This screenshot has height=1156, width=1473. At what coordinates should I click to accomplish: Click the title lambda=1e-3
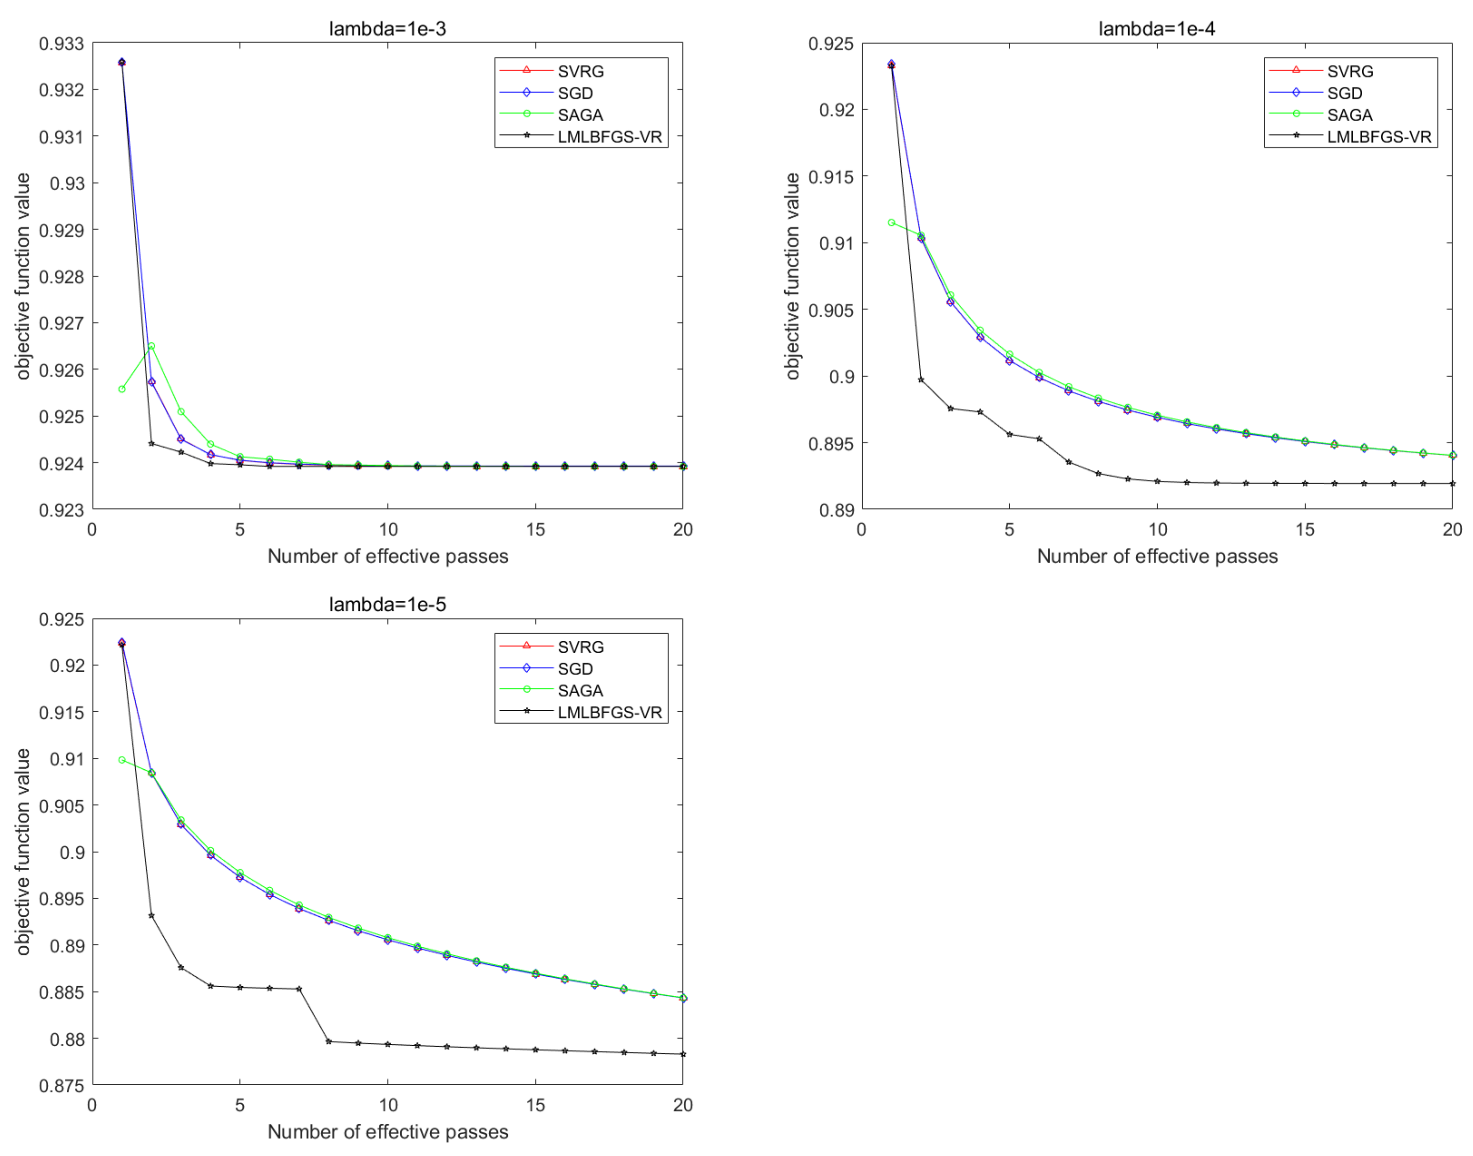pos(387,29)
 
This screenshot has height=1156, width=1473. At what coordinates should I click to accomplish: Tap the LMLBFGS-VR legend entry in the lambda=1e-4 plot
pos(1378,137)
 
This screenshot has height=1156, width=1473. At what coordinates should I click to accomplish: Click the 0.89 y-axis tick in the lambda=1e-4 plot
pos(836,510)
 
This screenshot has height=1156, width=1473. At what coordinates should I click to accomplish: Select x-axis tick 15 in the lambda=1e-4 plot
pos(1305,529)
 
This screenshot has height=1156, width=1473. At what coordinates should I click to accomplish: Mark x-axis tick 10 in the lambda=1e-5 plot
pos(387,1105)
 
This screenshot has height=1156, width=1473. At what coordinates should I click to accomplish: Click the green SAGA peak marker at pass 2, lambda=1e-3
pos(152,346)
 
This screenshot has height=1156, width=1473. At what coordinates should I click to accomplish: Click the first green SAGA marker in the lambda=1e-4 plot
pos(891,223)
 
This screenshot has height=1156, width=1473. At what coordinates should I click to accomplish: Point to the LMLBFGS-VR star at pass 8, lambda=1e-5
pos(329,1041)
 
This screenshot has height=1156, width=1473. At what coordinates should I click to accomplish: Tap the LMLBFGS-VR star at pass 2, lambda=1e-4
pos(921,380)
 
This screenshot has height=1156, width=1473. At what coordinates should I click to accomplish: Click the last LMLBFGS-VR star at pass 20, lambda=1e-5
pos(682,1054)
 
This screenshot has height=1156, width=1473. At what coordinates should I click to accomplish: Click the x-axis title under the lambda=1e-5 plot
pos(387,1131)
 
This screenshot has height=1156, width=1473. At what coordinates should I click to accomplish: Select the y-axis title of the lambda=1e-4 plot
pos(792,276)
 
